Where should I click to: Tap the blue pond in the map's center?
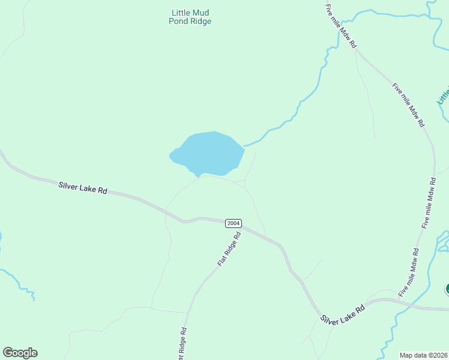click(x=210, y=154)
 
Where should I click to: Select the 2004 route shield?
click(x=234, y=223)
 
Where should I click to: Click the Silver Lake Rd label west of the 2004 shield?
click(x=83, y=187)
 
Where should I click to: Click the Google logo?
click(x=20, y=353)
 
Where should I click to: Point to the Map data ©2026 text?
click(x=423, y=355)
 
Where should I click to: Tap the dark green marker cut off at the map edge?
click(x=447, y=289)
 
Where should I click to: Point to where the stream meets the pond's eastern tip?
click(x=244, y=146)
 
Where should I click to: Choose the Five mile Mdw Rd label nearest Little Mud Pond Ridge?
click(x=342, y=26)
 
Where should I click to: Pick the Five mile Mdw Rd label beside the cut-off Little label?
click(x=409, y=104)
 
